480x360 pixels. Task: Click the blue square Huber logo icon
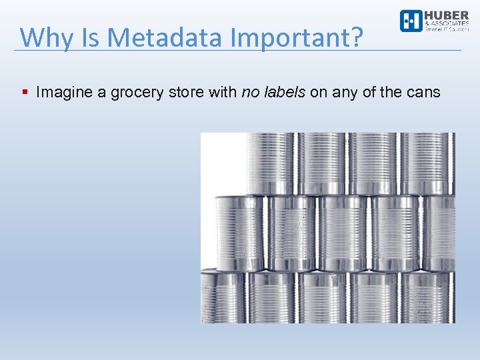pos(411,21)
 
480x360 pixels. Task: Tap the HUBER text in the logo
pos(447,15)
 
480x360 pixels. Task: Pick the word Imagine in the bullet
pos(64,92)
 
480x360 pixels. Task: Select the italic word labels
pos(284,92)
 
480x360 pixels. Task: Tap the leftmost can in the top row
pos(269,163)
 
